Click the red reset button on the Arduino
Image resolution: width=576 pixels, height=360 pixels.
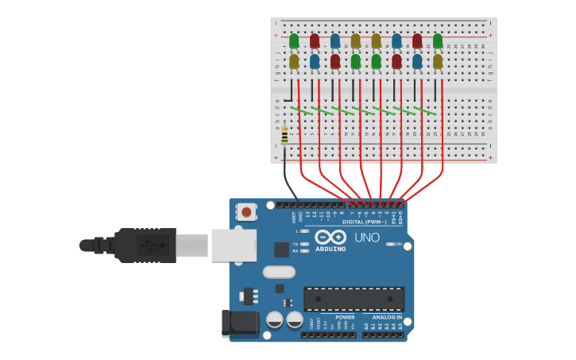click(247, 212)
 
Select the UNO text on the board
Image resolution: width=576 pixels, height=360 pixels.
click(366, 238)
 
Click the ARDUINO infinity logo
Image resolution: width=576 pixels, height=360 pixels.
click(330, 237)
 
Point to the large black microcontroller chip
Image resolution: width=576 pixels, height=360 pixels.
click(354, 299)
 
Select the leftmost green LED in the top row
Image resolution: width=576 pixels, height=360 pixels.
click(294, 41)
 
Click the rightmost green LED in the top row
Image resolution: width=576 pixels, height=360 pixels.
click(438, 41)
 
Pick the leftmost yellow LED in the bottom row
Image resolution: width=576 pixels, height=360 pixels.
click(294, 61)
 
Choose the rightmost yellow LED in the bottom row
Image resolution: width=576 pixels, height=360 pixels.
click(438, 61)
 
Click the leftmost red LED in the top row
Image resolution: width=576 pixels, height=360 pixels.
click(315, 41)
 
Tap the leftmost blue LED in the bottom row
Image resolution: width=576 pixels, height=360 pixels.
click(315, 61)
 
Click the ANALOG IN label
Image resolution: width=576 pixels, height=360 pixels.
click(387, 317)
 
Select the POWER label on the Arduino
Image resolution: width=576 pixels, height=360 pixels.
click(345, 317)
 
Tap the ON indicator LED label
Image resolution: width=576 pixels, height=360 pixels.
click(399, 244)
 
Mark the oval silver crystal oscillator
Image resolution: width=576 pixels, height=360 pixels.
click(279, 272)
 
